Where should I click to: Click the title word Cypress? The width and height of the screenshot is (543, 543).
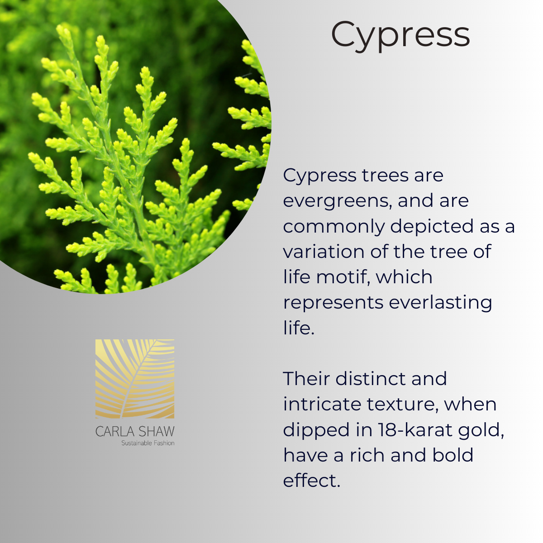(400, 36)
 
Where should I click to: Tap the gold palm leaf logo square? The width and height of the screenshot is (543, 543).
(135, 379)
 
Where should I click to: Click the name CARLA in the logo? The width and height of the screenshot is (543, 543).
(114, 432)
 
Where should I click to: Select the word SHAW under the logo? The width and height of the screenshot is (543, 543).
(157, 432)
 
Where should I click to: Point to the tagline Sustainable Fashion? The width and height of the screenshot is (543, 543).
(148, 443)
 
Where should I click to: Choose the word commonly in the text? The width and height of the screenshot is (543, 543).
(334, 227)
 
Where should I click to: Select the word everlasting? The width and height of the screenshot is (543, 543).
(440, 303)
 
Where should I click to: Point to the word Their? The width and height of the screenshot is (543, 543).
(306, 378)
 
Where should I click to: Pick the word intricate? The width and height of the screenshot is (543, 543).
(322, 405)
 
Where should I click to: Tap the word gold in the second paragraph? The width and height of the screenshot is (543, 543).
(481, 431)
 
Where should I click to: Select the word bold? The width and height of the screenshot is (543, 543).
(453, 455)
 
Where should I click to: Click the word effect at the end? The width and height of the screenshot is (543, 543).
(312, 481)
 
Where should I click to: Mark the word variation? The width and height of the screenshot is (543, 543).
(324, 252)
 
